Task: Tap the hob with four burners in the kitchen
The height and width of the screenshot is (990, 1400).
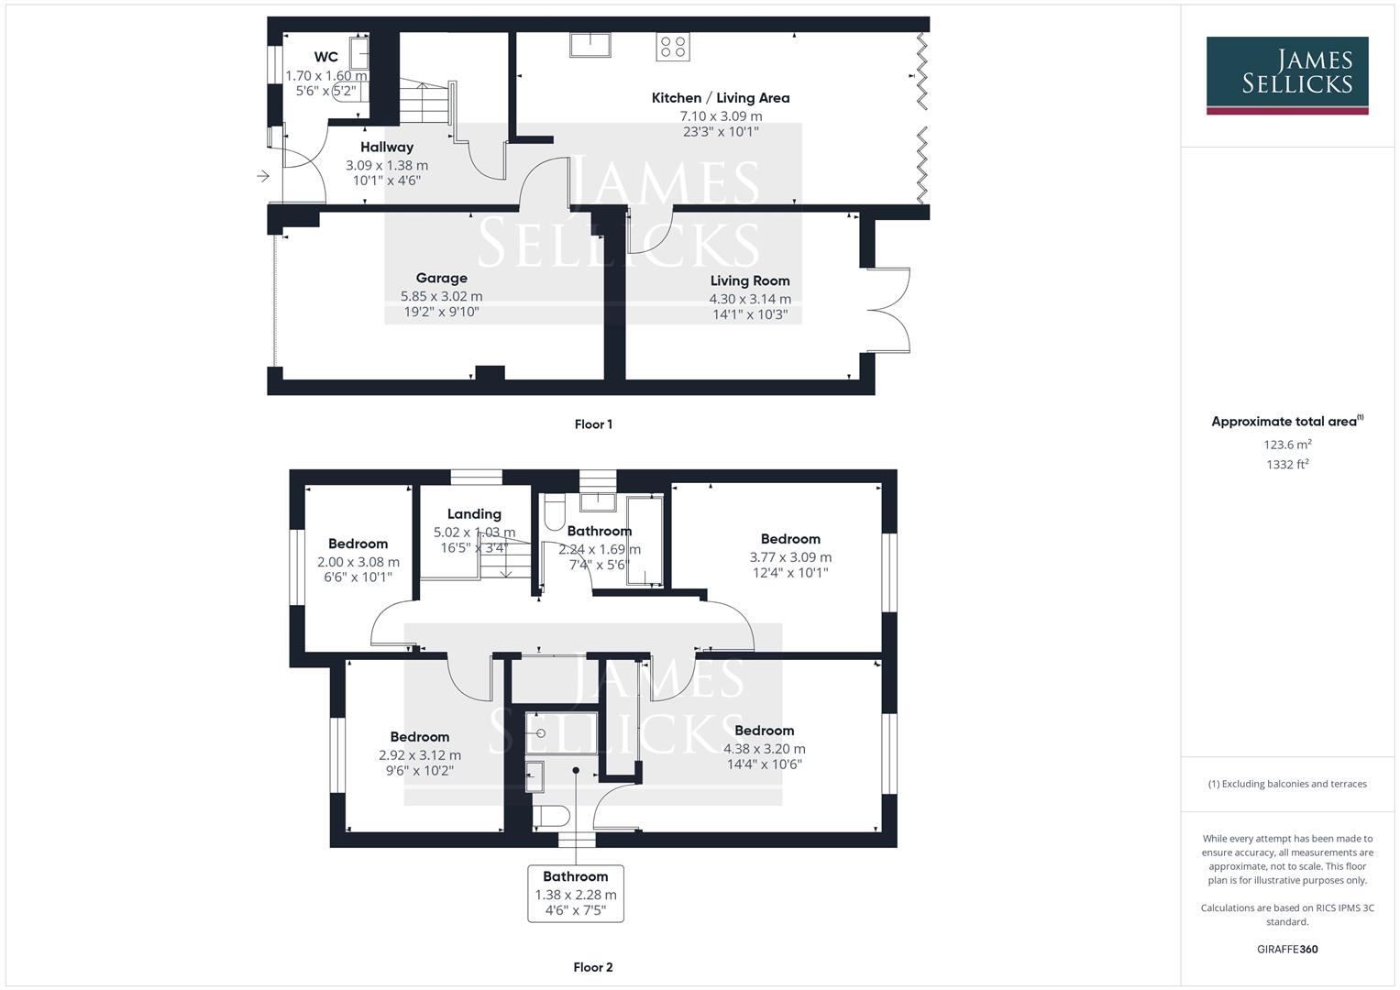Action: [672, 47]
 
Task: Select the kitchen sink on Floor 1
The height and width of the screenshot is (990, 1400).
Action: [590, 44]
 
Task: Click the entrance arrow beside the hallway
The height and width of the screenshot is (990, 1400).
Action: [263, 176]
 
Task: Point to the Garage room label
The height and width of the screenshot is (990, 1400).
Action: [441, 278]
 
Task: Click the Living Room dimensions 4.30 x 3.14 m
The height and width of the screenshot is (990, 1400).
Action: [749, 299]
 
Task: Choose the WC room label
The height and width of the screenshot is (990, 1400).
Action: [325, 57]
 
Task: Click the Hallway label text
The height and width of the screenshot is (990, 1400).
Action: [386, 147]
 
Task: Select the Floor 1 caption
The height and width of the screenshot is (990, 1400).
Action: [592, 423]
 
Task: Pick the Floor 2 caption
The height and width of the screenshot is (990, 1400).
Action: [592, 966]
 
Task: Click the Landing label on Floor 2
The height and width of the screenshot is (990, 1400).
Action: [473, 514]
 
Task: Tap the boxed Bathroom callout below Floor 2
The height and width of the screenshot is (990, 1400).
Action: [575, 893]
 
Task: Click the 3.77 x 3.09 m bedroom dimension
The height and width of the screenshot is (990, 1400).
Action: [790, 556]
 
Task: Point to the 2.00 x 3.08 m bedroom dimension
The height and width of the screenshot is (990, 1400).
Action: [358, 562]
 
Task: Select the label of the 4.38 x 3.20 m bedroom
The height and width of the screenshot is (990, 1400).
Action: [764, 731]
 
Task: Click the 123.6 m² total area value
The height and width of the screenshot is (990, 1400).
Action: [1286, 445]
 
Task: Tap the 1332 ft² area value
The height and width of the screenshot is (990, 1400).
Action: [1286, 464]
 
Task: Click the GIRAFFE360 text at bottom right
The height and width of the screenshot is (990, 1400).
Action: [1286, 949]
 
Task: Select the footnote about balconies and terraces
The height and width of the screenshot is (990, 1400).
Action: [1286, 784]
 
